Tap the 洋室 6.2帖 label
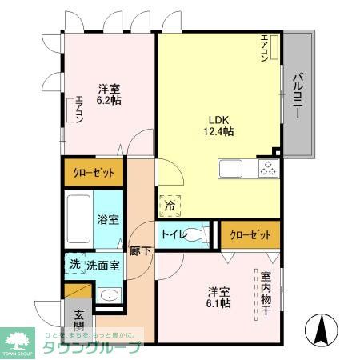(x=110, y=94)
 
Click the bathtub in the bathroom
(x=78, y=214)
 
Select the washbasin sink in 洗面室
(x=110, y=297)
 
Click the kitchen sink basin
(x=230, y=169)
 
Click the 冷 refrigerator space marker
(x=170, y=206)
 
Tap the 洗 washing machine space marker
(x=73, y=265)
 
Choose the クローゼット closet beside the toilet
(x=250, y=234)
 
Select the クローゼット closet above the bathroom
(x=94, y=172)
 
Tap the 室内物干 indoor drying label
(x=266, y=294)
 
